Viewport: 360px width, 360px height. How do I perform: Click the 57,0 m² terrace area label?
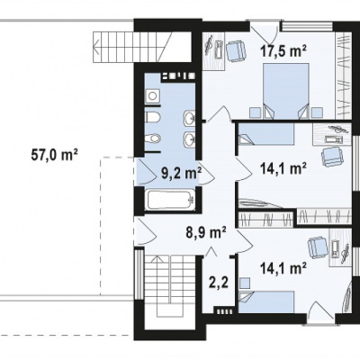(x=55, y=156)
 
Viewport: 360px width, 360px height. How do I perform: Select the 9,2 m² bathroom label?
(x=181, y=174)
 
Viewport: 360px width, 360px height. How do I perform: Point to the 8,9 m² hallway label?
(x=206, y=232)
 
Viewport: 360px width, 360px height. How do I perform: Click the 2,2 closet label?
(x=219, y=283)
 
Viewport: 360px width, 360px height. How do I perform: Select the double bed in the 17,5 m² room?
(x=285, y=91)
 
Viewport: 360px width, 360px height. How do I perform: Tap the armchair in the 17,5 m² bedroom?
(x=236, y=51)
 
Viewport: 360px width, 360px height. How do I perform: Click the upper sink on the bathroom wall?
(x=189, y=117)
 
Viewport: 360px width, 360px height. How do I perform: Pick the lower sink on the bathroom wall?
(x=189, y=139)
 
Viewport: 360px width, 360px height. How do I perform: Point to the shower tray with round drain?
(x=153, y=95)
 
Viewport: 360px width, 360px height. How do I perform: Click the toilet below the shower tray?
(x=152, y=117)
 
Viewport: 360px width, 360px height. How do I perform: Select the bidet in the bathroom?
(x=153, y=139)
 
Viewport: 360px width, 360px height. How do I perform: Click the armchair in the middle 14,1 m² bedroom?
(x=332, y=156)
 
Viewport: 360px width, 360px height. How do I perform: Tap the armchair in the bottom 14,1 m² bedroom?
(x=319, y=247)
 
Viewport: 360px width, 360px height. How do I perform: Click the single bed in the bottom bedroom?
(x=266, y=301)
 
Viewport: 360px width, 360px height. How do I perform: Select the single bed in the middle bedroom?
(x=265, y=134)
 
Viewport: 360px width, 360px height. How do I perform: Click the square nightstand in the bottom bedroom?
(x=246, y=283)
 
